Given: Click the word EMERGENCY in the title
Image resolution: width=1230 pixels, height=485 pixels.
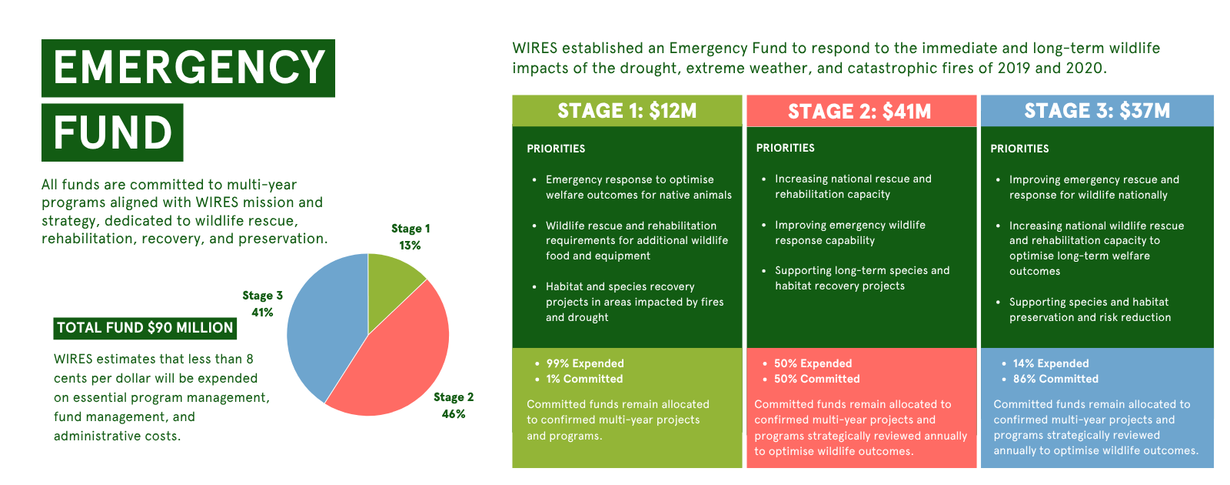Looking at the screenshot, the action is (188, 68).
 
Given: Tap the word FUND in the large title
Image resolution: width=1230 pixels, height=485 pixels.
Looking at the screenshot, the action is (112, 132).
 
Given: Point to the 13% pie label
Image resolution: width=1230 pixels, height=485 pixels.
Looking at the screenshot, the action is (410, 246).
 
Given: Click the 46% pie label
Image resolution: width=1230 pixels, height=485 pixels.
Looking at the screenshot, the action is (454, 414).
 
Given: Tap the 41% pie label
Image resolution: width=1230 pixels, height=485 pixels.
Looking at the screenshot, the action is (262, 313).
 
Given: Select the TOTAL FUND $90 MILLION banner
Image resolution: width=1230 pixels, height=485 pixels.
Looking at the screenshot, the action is (145, 328).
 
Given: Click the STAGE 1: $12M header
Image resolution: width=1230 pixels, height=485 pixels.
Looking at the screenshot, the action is (627, 111).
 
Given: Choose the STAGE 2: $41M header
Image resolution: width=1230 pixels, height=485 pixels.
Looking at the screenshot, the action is (861, 111).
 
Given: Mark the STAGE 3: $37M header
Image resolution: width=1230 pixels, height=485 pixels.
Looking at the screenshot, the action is (1097, 111).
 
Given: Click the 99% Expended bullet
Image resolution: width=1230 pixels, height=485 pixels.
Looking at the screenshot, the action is (585, 363).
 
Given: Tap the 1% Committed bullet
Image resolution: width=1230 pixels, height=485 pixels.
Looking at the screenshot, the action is (584, 379).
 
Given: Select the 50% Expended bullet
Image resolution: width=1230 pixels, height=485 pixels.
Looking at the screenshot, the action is (813, 363).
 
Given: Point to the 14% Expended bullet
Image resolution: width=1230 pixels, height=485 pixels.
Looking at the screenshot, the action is (1050, 363).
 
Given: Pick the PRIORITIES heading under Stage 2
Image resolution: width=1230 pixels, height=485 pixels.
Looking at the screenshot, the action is (785, 148).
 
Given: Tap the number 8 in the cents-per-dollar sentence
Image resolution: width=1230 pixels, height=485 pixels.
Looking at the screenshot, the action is (250, 359).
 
